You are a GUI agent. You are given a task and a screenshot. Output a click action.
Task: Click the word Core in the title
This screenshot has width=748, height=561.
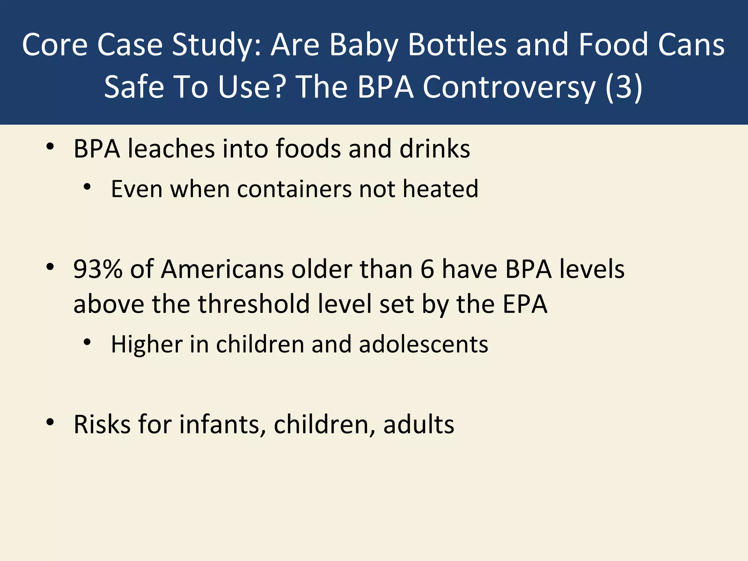(55, 45)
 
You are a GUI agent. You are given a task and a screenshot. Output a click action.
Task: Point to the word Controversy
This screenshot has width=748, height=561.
(509, 87)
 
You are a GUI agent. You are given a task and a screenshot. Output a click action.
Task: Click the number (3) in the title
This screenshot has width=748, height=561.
(624, 87)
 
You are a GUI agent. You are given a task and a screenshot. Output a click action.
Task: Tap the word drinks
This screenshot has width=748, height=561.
(435, 149)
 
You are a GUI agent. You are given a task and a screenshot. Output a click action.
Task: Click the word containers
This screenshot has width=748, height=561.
(294, 189)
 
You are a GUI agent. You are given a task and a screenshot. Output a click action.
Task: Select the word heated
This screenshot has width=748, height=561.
(440, 189)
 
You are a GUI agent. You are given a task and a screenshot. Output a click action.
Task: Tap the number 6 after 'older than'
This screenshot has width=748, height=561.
(427, 269)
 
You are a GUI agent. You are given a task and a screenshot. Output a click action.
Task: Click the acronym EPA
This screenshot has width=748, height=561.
(525, 304)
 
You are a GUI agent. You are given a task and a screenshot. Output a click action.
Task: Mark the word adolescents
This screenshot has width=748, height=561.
(424, 344)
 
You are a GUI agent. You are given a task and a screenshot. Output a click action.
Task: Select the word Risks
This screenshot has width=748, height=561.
(102, 424)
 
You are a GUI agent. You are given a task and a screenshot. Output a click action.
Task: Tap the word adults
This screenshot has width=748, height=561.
(419, 424)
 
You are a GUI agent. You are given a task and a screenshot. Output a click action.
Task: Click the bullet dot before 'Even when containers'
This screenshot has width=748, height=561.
(87, 187)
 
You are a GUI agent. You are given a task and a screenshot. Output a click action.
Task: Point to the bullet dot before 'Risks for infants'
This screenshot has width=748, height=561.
(50, 422)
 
